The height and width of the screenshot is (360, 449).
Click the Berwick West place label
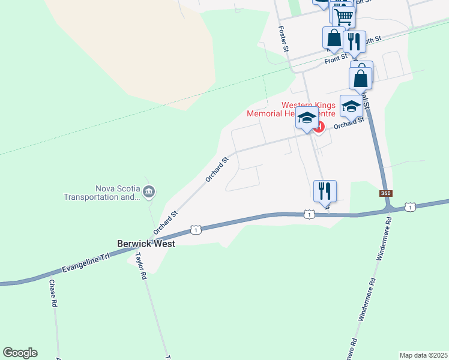point(146,244)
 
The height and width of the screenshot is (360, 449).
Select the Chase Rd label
point(53,293)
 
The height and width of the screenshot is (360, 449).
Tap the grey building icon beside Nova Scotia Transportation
point(149,192)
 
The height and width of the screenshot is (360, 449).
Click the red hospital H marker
point(319,127)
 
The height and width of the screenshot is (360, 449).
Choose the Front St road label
point(336,59)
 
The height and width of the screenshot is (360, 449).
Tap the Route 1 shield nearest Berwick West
point(195,229)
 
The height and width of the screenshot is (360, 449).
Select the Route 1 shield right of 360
point(410,207)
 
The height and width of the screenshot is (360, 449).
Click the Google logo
point(20,353)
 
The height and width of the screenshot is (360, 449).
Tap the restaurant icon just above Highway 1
point(325,191)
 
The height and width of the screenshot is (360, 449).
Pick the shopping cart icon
point(343,16)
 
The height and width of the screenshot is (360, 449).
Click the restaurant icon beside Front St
point(354,41)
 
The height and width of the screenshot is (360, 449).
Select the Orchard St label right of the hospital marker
point(349,123)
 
